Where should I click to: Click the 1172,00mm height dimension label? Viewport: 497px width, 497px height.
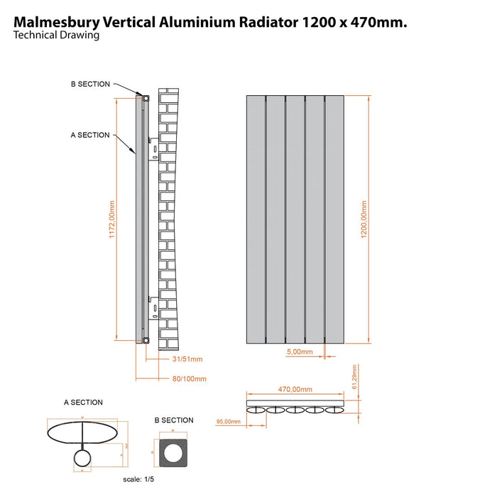pyautogui.click(x=112, y=222)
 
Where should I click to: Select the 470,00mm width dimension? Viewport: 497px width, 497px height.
pyautogui.click(x=294, y=389)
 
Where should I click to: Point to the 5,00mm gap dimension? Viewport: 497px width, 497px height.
pyautogui.click(x=298, y=351)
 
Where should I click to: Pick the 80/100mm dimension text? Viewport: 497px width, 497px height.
pyautogui.click(x=189, y=379)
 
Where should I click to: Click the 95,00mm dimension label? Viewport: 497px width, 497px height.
pyautogui.click(x=228, y=422)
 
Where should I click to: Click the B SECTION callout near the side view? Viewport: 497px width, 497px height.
pyautogui.click(x=90, y=84)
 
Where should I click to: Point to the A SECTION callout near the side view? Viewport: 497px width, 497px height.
pyautogui.click(x=90, y=135)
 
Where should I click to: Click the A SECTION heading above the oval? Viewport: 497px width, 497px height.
pyautogui.click(x=83, y=403)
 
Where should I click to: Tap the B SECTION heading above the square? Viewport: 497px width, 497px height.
pyautogui.click(x=174, y=420)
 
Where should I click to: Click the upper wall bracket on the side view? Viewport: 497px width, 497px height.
pyautogui.click(x=152, y=151)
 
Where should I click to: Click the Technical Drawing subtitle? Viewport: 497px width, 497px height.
pyautogui.click(x=56, y=35)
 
